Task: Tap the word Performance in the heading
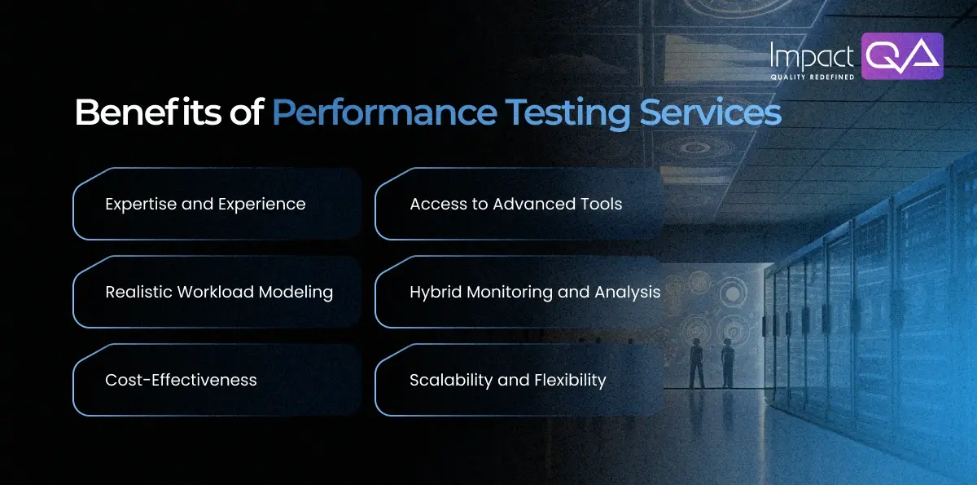(383, 113)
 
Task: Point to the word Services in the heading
(710, 113)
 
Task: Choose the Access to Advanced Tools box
(518, 204)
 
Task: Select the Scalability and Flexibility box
(518, 380)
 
